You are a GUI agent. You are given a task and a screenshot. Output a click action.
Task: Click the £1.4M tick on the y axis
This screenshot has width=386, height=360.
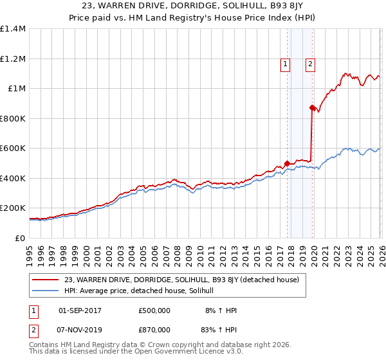13,29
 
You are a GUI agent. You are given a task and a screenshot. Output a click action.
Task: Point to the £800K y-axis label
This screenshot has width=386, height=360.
13,118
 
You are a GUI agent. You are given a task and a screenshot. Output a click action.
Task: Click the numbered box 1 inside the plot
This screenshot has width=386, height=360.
285,64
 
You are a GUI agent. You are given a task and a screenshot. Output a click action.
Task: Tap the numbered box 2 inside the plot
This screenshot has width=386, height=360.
310,64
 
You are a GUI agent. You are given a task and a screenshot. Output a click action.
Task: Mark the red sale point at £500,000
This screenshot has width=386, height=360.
287,163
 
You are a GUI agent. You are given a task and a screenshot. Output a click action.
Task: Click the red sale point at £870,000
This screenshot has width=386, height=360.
312,108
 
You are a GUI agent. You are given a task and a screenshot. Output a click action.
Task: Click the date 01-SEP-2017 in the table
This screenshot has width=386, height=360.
80,310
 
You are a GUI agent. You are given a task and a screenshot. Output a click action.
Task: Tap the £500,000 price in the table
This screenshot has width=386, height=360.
154,310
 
